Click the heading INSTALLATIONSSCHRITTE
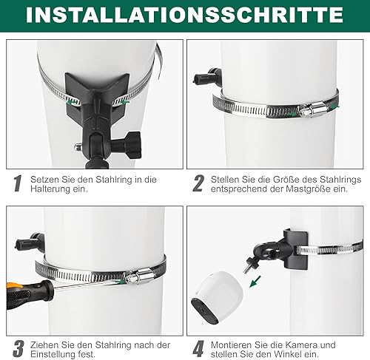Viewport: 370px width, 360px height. tap(184, 15)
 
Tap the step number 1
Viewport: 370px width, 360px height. tap(18, 183)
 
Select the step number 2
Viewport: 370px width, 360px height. tap(198, 183)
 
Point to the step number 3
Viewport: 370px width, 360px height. tap(18, 349)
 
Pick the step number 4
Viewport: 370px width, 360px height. tap(198, 349)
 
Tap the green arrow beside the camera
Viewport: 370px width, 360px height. tap(255, 282)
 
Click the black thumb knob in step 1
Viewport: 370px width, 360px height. tap(132, 145)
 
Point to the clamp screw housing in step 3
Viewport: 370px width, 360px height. tap(140, 276)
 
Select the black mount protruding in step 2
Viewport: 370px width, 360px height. tap(208, 77)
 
